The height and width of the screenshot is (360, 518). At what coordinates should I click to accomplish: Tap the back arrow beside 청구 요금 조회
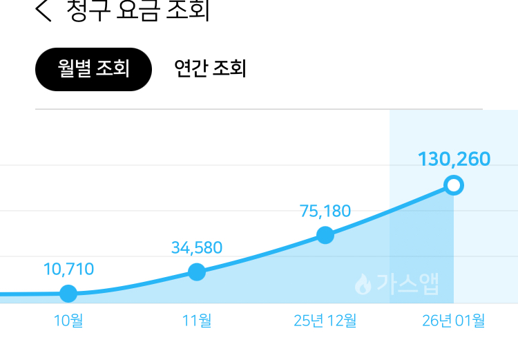coord(43,11)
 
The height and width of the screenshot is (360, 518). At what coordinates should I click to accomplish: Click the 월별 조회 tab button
coord(93,69)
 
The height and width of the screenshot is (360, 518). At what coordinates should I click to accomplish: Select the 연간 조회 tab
coord(210,69)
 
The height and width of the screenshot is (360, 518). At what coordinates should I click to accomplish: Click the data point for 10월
coord(68,294)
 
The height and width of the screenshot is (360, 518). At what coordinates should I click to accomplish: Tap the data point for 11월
coord(197,272)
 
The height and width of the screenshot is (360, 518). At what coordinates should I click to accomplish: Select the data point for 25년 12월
coord(325,235)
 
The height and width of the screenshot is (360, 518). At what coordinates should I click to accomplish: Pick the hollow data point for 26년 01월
coord(453,185)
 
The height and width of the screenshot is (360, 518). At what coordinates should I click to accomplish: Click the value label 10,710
coord(68,269)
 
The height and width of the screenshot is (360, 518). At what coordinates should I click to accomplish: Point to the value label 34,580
coord(197,247)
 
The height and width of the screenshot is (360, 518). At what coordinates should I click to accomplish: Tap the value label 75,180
coord(325,211)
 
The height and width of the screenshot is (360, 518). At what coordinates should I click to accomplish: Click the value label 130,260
coord(454,160)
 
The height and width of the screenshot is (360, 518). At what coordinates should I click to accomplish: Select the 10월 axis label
coord(68,321)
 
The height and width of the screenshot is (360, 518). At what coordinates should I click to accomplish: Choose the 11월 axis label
coord(197,321)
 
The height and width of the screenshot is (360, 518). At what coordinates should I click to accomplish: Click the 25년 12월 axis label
coord(325,321)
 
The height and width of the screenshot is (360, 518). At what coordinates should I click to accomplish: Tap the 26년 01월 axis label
coord(453,321)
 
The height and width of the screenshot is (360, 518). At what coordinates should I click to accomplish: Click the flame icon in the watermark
coord(363,284)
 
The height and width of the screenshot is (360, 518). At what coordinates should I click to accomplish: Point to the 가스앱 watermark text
coord(407,284)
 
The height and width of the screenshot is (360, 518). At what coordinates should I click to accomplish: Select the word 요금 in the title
coord(140,10)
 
